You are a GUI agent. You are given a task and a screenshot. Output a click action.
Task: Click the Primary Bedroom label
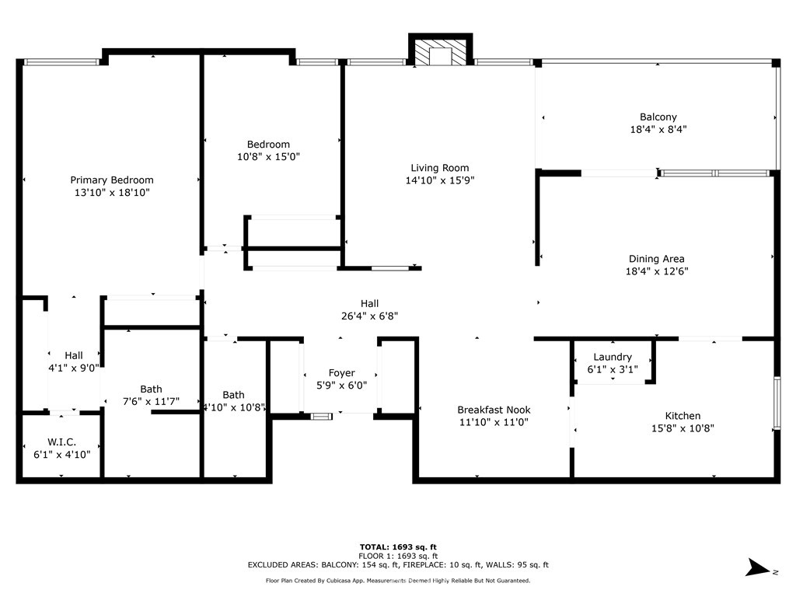tap(112, 180)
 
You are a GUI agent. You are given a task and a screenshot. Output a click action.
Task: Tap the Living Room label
tap(440, 168)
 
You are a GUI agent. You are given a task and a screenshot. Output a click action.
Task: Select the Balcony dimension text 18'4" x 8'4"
tap(658, 130)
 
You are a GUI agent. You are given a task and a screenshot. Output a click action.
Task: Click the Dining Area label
tap(656, 259)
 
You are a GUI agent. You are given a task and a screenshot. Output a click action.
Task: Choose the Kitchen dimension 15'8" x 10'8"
tap(683, 428)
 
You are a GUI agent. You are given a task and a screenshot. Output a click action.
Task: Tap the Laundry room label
tap(613, 358)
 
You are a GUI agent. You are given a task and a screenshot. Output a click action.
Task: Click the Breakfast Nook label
tap(494, 410)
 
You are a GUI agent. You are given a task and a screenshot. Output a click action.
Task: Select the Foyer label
tap(342, 373)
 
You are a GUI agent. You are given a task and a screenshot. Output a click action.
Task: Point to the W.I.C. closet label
tap(62, 442)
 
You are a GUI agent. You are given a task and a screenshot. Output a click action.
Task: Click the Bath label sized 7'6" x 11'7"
tap(151, 389)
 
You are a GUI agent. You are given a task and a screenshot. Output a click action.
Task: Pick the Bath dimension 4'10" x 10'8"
tap(234, 407)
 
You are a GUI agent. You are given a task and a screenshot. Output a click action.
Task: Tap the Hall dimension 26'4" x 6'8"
tap(369, 316)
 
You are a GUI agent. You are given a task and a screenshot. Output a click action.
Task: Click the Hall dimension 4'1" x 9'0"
tap(74, 368)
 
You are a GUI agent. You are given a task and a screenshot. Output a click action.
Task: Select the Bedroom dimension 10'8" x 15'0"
tap(268, 157)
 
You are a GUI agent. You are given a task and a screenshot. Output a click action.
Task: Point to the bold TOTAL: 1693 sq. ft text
tap(398, 547)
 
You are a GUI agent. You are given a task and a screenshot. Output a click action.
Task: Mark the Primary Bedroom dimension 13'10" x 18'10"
tap(112, 193)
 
